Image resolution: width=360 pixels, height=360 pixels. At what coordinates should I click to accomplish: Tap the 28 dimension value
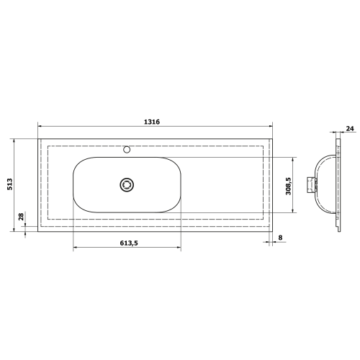click(22, 216)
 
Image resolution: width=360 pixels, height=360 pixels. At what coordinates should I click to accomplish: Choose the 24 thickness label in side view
click(350, 130)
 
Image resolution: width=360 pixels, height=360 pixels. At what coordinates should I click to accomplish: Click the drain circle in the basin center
click(127, 184)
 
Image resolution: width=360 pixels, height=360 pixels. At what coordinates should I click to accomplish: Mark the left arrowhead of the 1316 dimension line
click(40, 127)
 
